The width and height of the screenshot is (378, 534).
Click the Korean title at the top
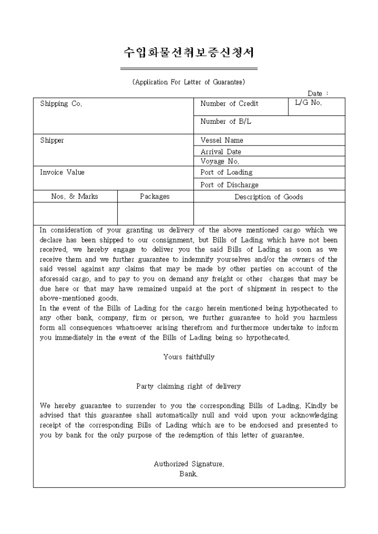click(x=188, y=53)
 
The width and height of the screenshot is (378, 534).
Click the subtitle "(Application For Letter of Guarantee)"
click(x=189, y=82)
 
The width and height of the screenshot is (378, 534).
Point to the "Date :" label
click(x=319, y=93)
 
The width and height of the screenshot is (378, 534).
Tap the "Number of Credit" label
click(x=229, y=104)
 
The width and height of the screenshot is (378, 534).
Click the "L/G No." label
click(x=309, y=103)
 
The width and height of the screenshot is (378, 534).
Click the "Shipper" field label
click(x=52, y=140)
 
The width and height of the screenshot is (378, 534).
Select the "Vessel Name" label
click(x=222, y=140)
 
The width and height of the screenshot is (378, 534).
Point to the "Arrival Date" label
click(x=221, y=152)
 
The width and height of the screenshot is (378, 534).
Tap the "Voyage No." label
click(x=220, y=162)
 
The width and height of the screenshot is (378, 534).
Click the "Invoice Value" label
click(x=62, y=172)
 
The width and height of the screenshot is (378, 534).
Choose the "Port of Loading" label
click(x=226, y=172)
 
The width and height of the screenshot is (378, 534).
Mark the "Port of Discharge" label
click(x=229, y=185)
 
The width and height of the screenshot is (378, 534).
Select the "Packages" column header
click(x=155, y=197)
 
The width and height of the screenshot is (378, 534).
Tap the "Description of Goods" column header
click(x=268, y=197)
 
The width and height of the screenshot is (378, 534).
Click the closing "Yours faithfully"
click(x=188, y=357)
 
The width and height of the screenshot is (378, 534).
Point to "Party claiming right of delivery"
click(x=188, y=386)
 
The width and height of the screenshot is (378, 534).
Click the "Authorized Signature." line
click(x=188, y=464)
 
